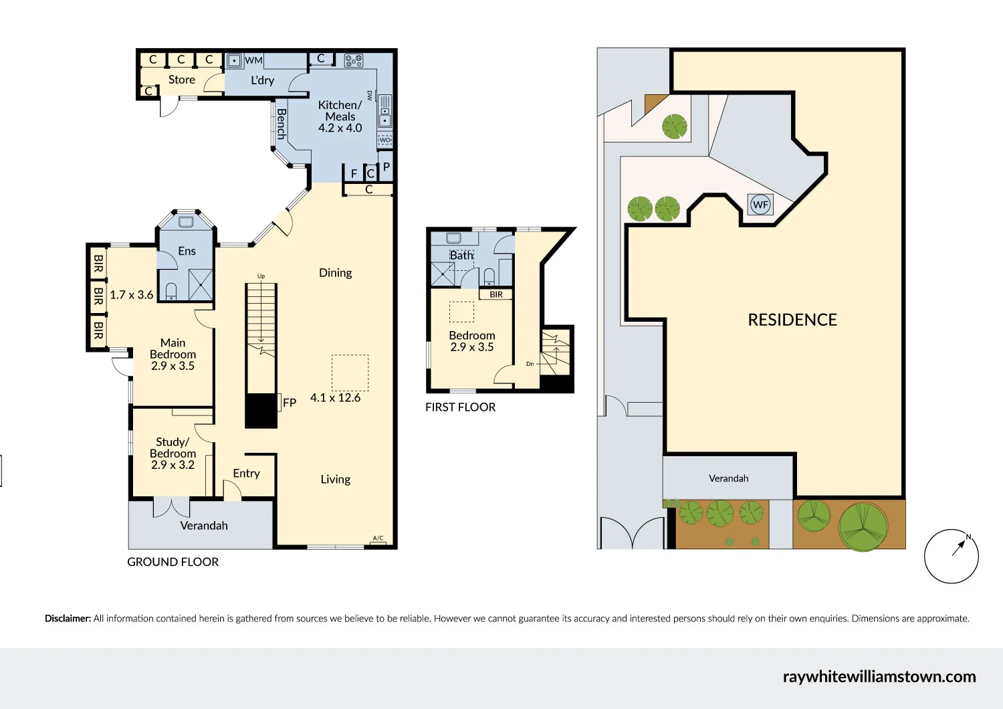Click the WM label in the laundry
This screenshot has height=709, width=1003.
[253, 60]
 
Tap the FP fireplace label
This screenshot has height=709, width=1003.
[290, 403]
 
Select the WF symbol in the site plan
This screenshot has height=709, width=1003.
[760, 205]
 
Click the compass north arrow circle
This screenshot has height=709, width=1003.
[951, 556]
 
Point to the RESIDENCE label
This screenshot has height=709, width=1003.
[792, 320]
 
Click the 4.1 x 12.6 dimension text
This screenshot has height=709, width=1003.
[335, 398]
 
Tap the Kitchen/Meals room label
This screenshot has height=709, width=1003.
[340, 116]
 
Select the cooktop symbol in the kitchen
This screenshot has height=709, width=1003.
[353, 61]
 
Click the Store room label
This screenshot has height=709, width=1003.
[181, 80]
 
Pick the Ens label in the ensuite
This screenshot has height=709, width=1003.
[187, 251]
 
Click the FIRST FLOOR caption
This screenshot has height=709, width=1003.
[460, 407]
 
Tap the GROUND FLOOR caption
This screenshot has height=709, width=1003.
[173, 562]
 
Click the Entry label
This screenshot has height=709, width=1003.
[246, 474]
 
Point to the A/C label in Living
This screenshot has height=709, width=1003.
[378, 538]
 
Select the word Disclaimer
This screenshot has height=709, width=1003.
[68, 619]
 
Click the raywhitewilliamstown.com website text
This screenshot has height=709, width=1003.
[879, 676]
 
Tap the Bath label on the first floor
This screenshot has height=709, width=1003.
[461, 256]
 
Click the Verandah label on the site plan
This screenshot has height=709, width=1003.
[728, 478]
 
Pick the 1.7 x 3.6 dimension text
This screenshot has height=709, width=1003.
[131, 295]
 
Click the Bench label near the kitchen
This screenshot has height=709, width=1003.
[282, 124]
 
